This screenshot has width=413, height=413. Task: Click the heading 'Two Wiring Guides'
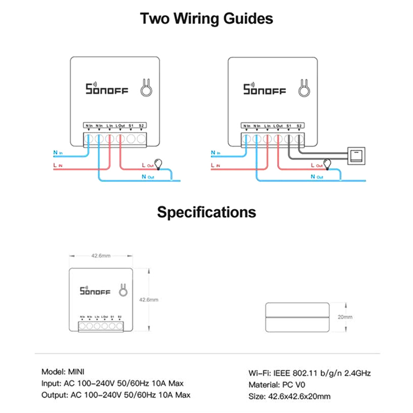tap(206, 20)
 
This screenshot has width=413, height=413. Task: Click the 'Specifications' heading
tap(206, 212)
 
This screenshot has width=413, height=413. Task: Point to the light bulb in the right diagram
tap(327, 164)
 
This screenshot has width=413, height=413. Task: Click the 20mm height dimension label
tap(345, 317)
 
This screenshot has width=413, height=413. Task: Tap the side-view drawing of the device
tap(297, 317)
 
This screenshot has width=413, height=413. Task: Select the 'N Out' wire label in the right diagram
tap(316, 177)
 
